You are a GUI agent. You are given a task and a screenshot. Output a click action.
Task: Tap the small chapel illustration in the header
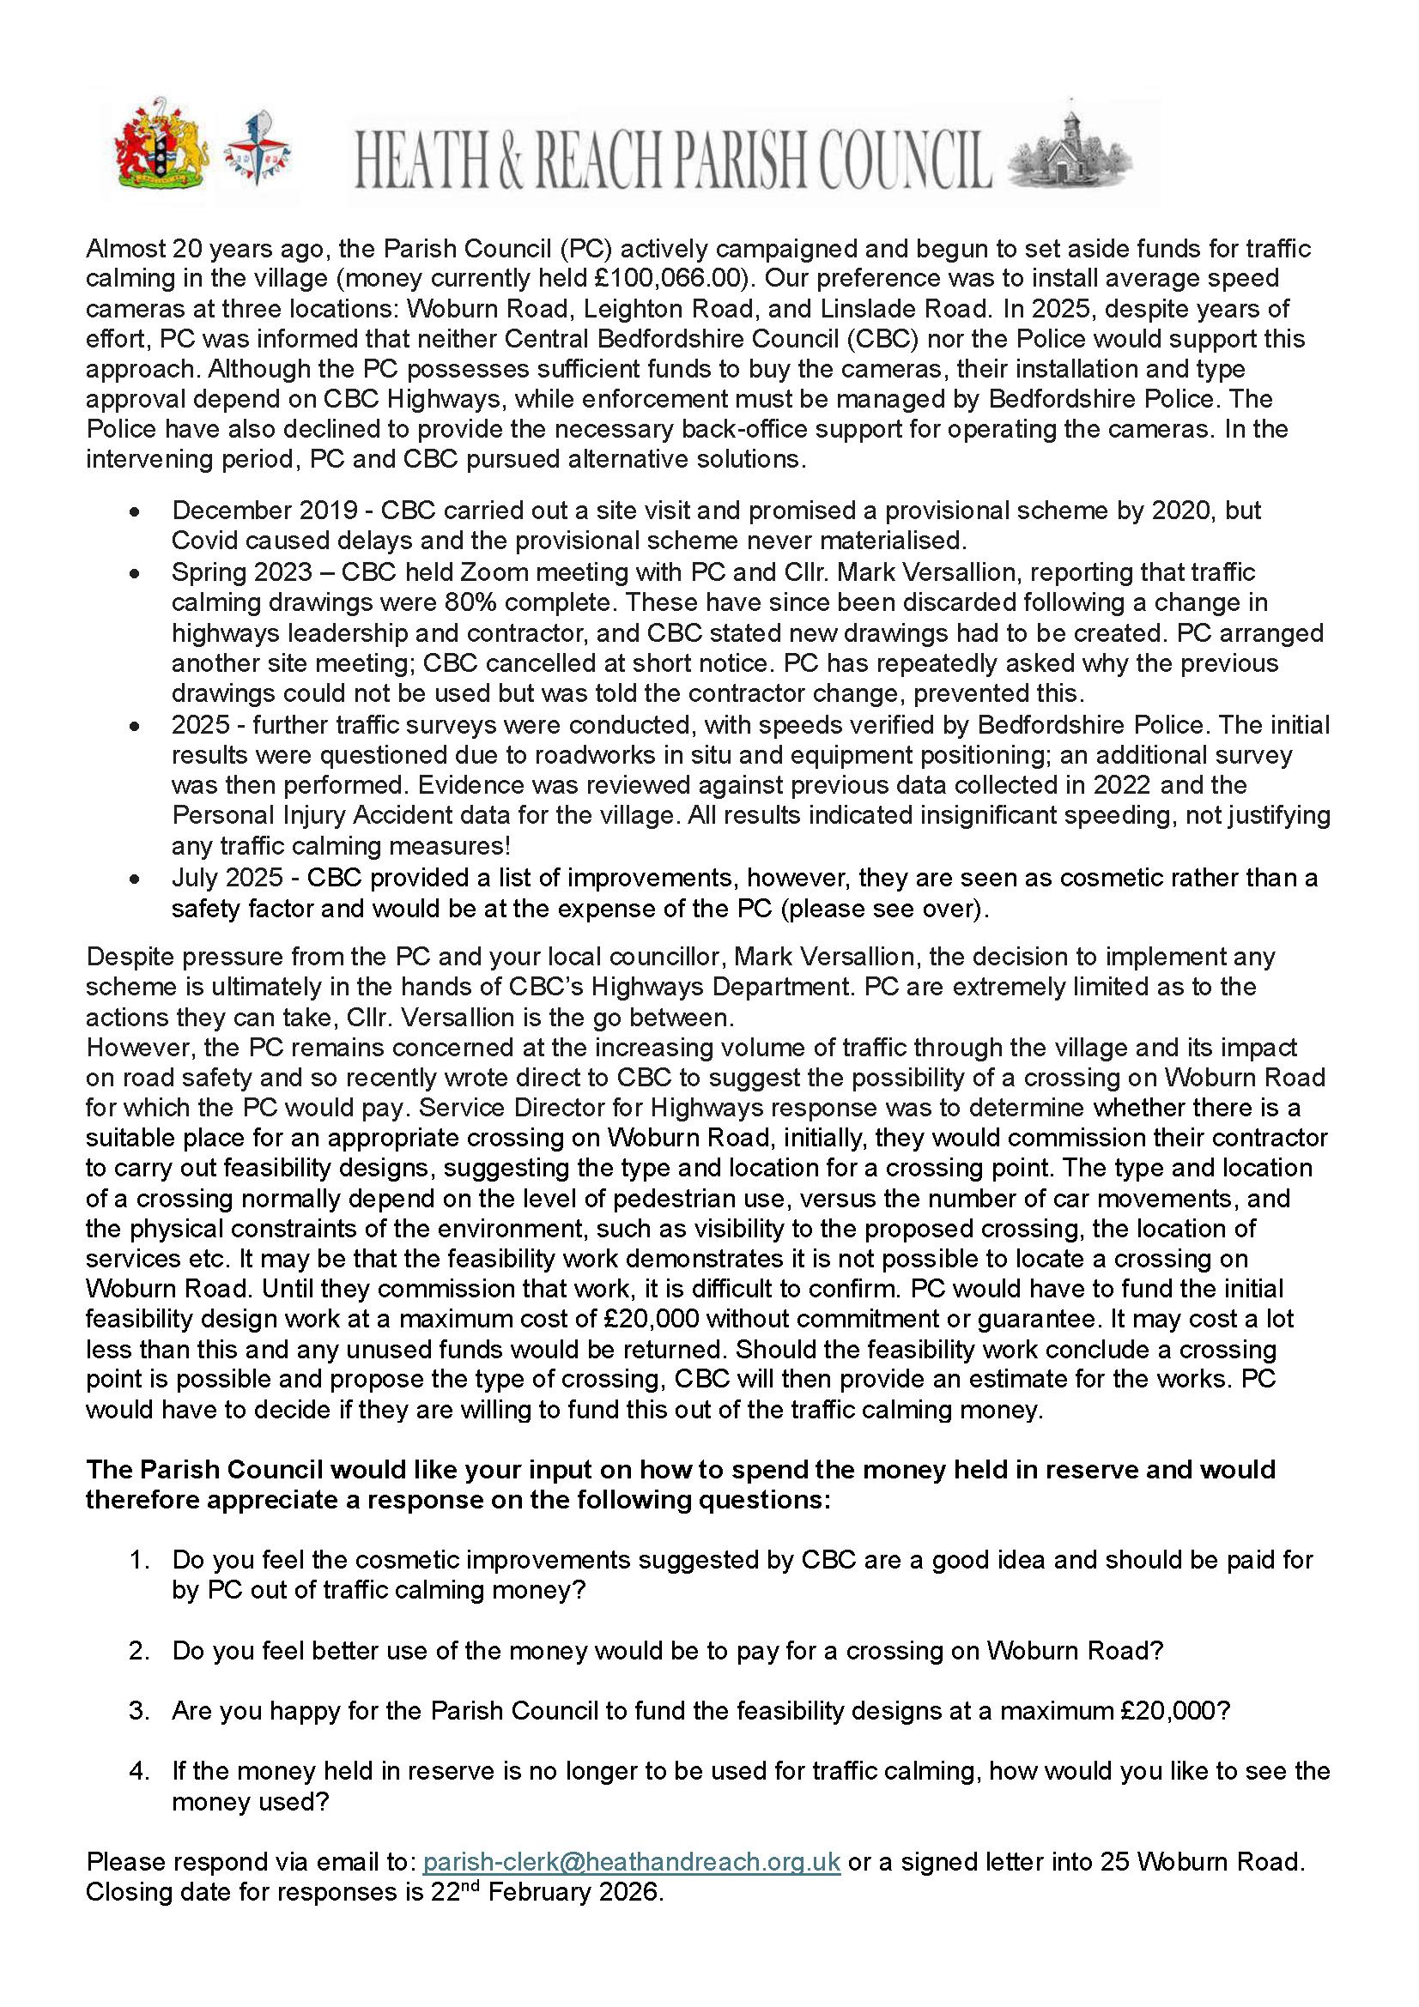[x=1070, y=152]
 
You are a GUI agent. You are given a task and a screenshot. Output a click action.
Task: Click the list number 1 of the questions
[x=137, y=1559]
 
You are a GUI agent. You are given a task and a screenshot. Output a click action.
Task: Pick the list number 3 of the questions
[x=137, y=1710]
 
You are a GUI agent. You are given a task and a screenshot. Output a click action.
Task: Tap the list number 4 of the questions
[x=137, y=1771]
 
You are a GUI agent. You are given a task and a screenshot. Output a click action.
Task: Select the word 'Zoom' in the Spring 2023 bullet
[x=505, y=572]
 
